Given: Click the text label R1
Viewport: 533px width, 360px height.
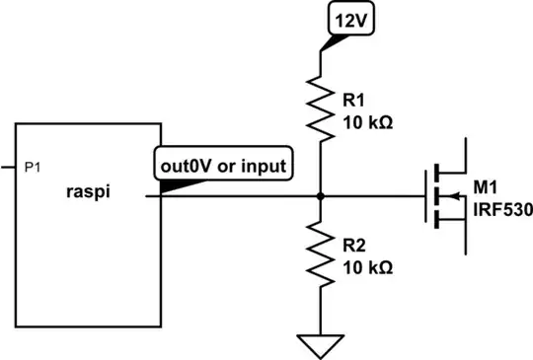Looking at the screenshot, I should (353, 99).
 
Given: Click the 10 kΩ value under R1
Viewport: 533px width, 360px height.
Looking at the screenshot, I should (367, 123).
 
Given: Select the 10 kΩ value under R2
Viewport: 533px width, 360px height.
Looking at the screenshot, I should (367, 266).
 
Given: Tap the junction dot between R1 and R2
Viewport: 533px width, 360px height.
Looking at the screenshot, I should (321, 196).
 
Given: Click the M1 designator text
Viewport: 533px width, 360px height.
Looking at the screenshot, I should (485, 186).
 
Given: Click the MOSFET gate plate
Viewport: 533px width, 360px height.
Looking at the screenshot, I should (428, 196).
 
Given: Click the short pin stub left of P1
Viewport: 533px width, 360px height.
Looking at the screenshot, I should (7, 169).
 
